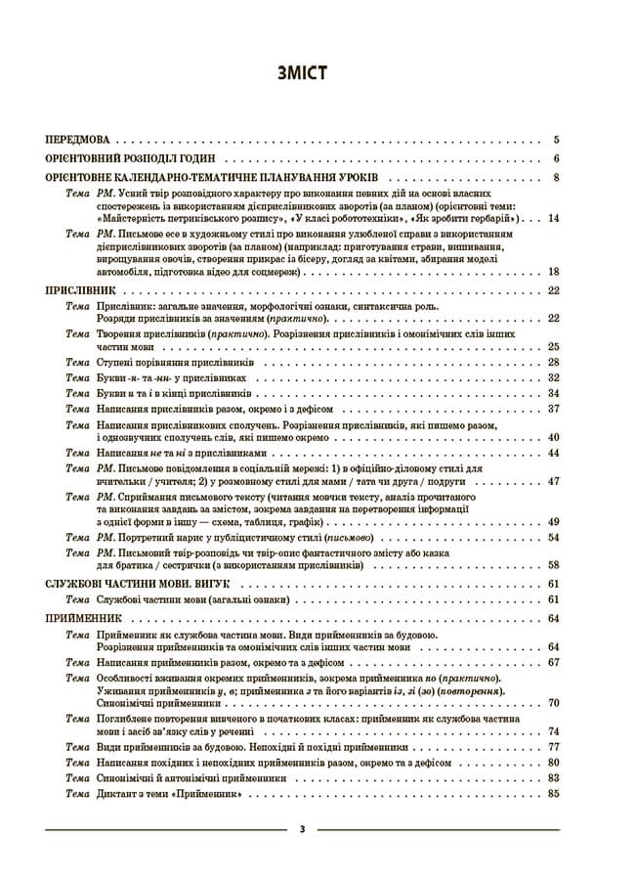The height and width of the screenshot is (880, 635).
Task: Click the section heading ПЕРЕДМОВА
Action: click(83, 140)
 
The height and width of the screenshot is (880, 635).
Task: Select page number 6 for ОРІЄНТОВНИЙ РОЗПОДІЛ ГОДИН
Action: click(555, 158)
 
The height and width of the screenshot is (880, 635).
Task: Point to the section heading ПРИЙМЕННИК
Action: click(84, 618)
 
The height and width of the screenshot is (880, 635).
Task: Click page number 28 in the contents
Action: click(553, 363)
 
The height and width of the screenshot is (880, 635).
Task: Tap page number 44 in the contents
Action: click(553, 453)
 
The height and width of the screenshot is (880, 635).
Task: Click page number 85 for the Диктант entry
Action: click(553, 794)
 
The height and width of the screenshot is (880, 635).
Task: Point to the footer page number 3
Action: click(302, 829)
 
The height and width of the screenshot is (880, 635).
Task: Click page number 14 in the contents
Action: click(553, 218)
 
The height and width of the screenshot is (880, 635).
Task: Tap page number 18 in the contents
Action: click(553, 271)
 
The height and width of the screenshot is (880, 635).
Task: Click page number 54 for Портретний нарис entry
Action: click(553, 537)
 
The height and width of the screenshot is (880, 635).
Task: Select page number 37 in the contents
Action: click(553, 408)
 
